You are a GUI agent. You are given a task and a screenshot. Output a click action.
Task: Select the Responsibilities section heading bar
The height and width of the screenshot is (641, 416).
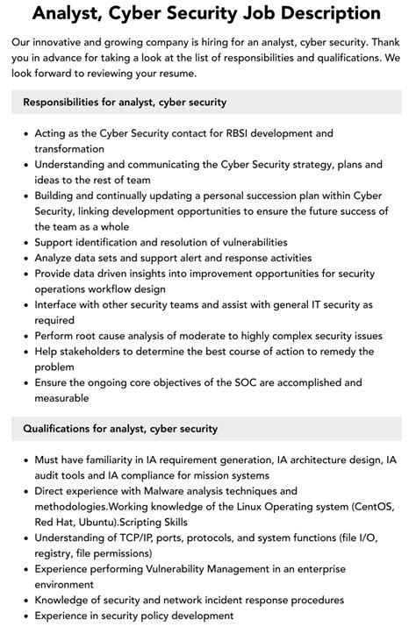207,103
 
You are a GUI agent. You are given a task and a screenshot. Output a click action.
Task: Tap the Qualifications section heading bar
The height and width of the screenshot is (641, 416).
207,429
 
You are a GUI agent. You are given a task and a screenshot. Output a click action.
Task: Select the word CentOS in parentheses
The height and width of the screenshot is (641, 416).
378,506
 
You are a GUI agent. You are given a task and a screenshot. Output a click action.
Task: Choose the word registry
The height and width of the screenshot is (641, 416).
57,553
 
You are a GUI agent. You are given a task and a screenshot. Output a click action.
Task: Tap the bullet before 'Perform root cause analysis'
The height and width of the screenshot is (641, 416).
25,336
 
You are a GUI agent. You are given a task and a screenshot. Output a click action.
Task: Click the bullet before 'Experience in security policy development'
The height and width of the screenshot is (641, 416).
25,616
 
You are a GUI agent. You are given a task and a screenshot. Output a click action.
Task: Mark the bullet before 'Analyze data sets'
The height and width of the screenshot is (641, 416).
25,258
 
